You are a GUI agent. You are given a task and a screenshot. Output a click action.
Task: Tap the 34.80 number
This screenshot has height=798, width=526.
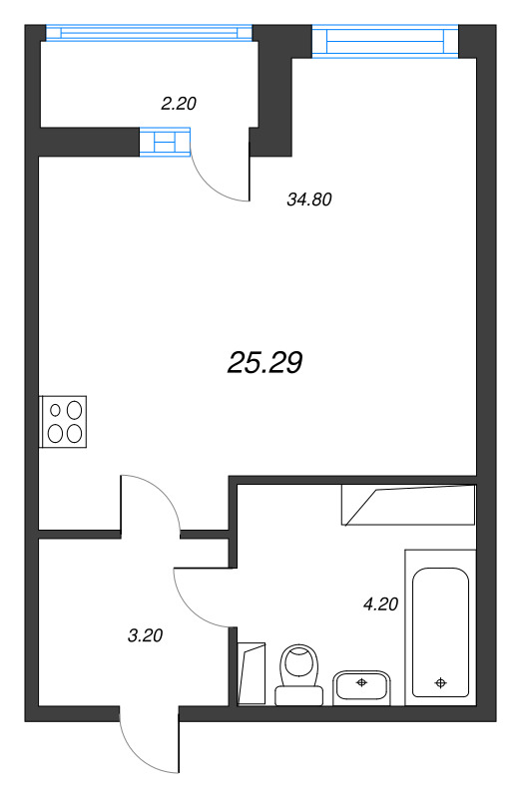pyautogui.click(x=308, y=199)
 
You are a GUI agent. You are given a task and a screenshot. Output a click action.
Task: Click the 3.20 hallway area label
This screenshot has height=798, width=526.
pyautogui.click(x=145, y=633)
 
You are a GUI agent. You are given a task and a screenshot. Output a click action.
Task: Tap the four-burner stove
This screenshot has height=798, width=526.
pyautogui.click(x=64, y=420)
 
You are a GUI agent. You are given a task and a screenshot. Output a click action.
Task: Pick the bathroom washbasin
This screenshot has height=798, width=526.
pyautogui.click(x=362, y=685)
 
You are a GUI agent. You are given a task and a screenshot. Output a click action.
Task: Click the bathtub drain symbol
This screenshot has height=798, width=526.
pyautogui.click(x=440, y=683)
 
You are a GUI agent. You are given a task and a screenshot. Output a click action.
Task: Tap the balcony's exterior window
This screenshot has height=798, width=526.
pyautogui.click(x=149, y=32)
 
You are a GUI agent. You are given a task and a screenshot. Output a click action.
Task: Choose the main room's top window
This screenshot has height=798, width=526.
pyautogui.click(x=378, y=41)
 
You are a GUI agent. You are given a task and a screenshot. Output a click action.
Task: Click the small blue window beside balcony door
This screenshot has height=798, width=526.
pyautogui.click(x=165, y=143)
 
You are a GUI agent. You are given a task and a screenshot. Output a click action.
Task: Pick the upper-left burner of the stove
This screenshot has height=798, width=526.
pyautogui.click(x=55, y=410)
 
